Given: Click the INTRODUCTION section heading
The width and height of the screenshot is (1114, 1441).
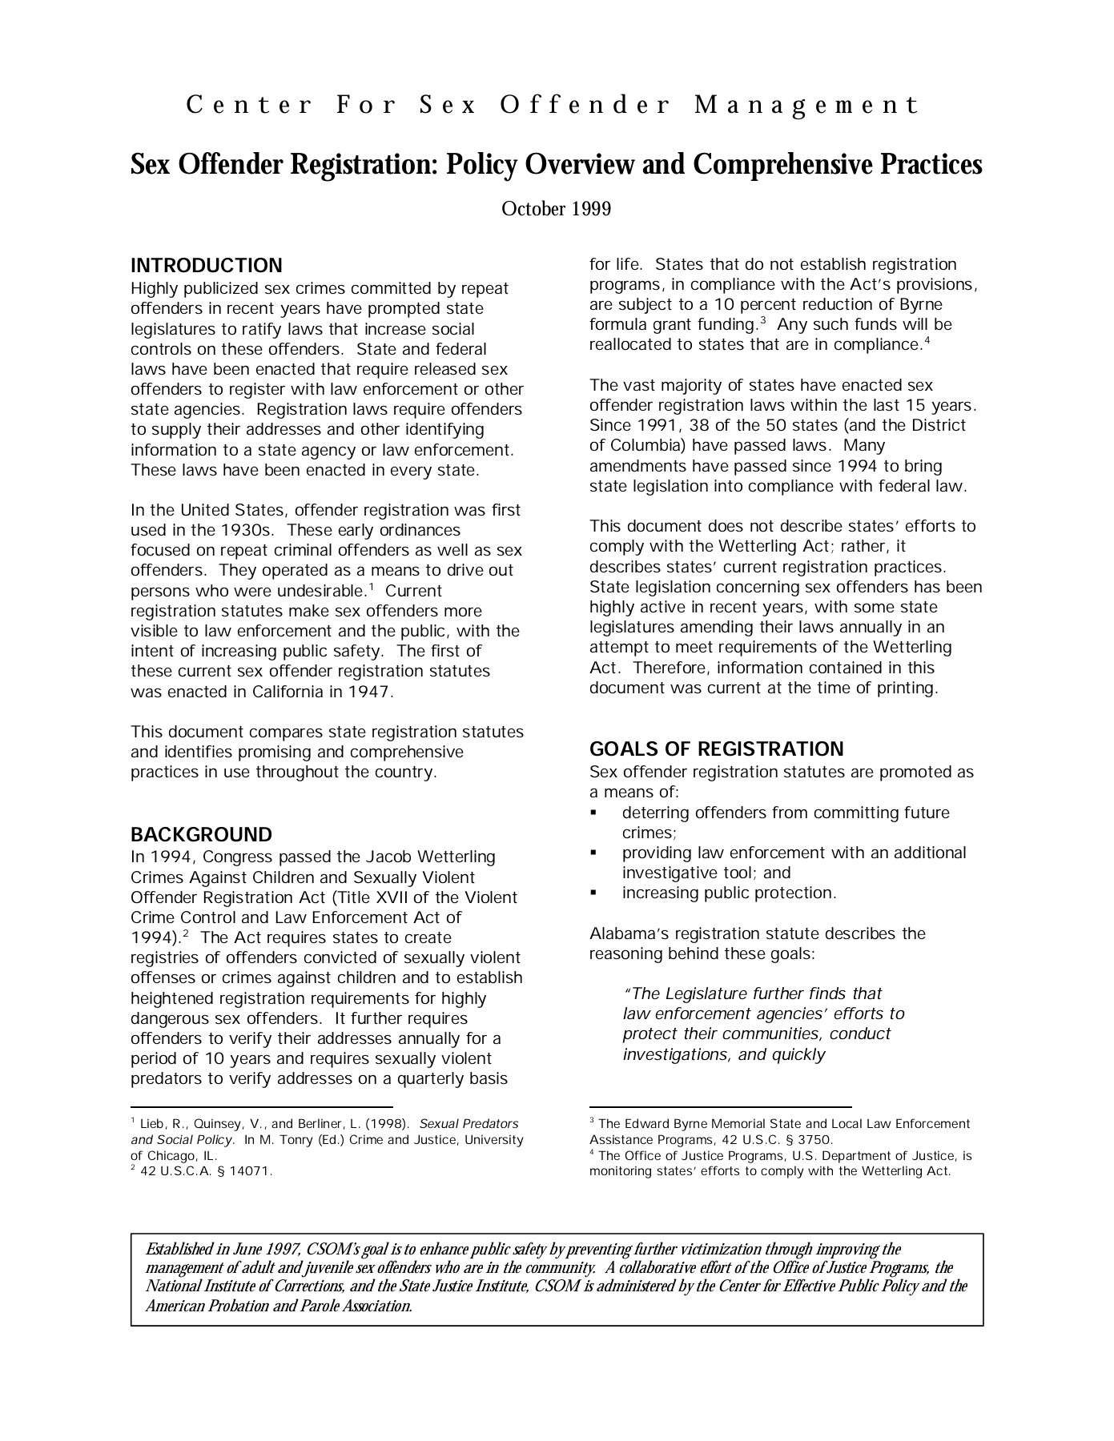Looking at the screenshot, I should click(206, 266).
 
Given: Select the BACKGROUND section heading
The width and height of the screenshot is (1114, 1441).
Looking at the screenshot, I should click(201, 835).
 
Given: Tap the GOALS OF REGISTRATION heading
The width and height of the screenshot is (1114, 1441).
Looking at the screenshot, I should click(716, 749).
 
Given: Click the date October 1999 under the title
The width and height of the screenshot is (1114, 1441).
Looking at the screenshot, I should click(556, 210).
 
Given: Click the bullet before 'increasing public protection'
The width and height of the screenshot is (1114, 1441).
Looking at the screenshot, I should click(593, 893).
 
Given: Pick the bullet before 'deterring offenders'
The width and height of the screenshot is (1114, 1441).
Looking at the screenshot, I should click(593, 813).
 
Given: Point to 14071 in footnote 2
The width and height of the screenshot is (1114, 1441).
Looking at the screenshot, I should click(251, 1172).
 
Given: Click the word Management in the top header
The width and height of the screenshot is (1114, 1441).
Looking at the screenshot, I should click(806, 106).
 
